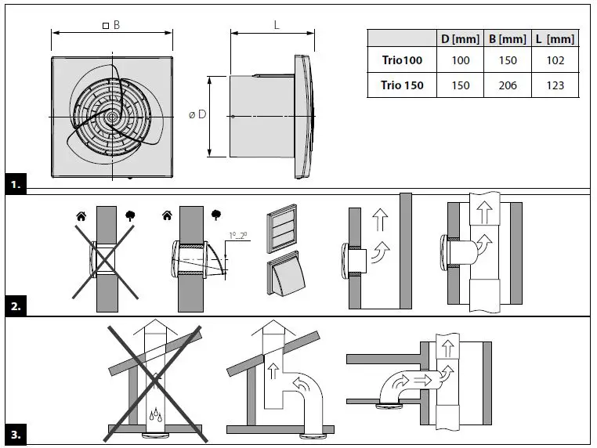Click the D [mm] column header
[461, 38]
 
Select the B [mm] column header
[507, 38]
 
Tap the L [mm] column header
[555, 38]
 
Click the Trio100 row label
[402, 61]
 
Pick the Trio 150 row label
[402, 85]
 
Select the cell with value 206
[507, 85]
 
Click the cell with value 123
[555, 85]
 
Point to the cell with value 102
[555, 61]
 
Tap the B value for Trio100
[507, 61]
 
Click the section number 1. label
[16, 185]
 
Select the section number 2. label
[16, 307]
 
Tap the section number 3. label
[16, 433]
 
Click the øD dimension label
[197, 114]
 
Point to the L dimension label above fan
[277, 25]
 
